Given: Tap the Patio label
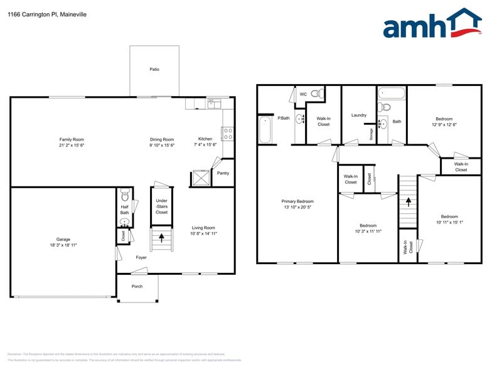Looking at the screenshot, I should [x=154, y=69].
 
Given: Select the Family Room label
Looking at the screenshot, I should [x=72, y=139].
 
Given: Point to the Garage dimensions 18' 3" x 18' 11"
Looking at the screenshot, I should [x=63, y=244].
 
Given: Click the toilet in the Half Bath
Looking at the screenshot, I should [x=124, y=194].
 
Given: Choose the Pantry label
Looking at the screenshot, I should [x=223, y=173].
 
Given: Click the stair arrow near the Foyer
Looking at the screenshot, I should [x=162, y=238].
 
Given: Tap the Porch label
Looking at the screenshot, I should [x=137, y=286].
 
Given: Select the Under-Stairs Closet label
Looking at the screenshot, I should [x=161, y=206].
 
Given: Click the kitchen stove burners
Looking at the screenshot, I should [x=228, y=133].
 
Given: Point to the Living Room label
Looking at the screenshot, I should [x=203, y=228].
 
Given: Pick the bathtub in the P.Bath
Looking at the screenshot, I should [x=265, y=129].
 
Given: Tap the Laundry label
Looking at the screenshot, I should [x=358, y=115].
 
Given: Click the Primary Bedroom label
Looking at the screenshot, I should [x=297, y=201].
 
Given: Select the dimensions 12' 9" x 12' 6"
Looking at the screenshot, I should [x=444, y=124].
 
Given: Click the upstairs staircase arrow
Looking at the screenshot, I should [x=409, y=202].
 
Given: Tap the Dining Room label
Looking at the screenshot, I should [x=161, y=139].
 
